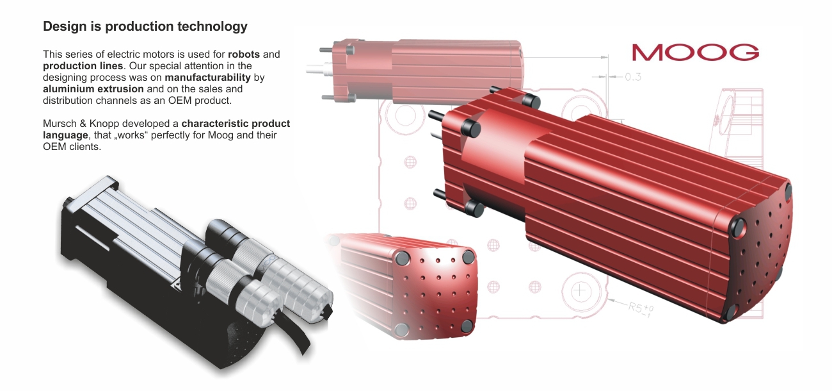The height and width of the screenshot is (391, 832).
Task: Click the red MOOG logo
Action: click(x=695, y=53)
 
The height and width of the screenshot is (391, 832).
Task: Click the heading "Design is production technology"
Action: click(x=145, y=26)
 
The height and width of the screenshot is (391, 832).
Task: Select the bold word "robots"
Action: click(x=244, y=54)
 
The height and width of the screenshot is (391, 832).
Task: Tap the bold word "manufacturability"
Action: click(x=207, y=78)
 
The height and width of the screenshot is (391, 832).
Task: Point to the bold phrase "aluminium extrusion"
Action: click(x=93, y=89)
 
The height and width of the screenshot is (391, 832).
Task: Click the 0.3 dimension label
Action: click(x=633, y=77)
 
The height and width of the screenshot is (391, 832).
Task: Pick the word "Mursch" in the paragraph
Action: click(x=60, y=124)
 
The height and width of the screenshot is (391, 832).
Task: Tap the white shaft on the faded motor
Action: click(x=319, y=69)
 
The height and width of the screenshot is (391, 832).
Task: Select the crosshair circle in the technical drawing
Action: click(x=580, y=290)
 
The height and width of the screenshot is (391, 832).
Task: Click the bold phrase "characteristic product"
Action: click(x=236, y=124)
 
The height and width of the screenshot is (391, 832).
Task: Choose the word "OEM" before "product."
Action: click(x=180, y=101)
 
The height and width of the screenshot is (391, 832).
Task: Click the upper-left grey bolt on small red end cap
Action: click(x=401, y=258)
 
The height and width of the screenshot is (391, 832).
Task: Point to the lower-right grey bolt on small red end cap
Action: click(x=467, y=326)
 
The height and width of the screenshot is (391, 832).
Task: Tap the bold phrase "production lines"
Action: click(x=83, y=66)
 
